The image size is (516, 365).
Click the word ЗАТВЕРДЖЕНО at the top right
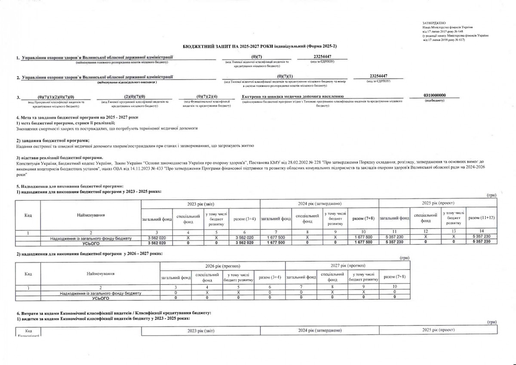(434, 22)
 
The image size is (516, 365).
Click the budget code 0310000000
(435, 96)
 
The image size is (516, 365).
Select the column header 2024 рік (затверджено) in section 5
(319, 203)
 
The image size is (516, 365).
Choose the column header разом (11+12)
(481, 218)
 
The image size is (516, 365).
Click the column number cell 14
(481, 232)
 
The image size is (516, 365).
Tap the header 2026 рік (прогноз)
(221, 266)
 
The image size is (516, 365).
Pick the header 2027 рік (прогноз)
(347, 266)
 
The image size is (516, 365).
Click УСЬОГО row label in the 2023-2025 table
(91, 243)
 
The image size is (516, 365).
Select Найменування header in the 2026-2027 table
(100, 274)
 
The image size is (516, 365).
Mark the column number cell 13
(455, 232)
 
